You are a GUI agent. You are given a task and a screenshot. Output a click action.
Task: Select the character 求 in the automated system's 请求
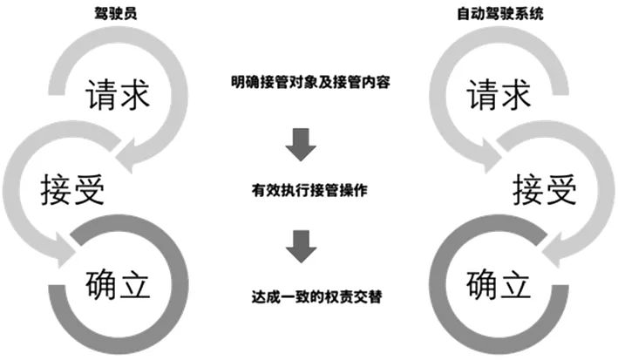520,94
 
